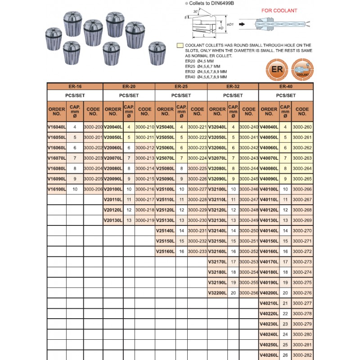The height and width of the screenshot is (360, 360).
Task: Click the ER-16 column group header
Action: pos(75,86)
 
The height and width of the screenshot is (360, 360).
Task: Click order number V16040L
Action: pos(57,127)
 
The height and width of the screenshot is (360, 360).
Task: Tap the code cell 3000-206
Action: pos(93,189)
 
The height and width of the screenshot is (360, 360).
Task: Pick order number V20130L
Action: pos(113,220)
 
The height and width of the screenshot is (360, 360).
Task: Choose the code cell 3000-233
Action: pos(197,251)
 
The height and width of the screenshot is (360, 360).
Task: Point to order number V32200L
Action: pos(217,292)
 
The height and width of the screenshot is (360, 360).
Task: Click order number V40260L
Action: pos(269,355)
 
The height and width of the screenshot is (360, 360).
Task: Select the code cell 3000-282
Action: pos(302,355)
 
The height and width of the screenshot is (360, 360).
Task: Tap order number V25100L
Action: pos(165,189)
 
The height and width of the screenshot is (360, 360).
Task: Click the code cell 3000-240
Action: pos(248,127)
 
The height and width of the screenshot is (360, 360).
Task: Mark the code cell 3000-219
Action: pos(144,220)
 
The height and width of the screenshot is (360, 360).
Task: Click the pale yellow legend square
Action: pos(180,45)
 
